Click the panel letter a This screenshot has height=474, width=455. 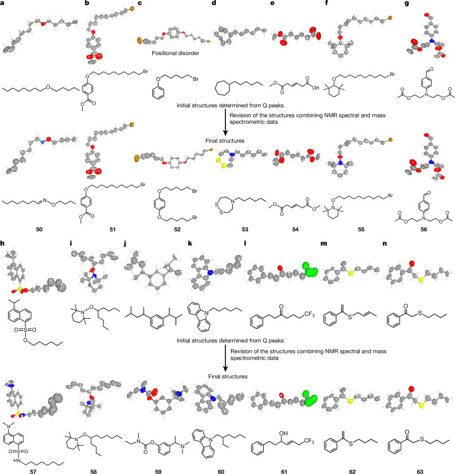[x=3, y=3]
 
